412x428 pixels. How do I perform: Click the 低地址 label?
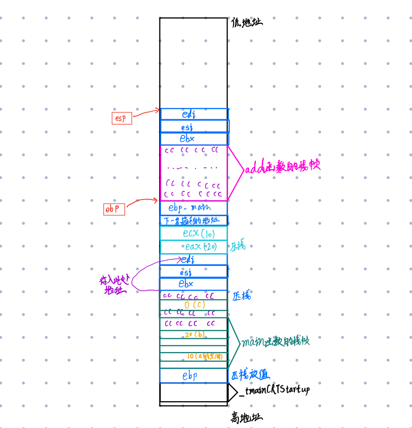point(247,22)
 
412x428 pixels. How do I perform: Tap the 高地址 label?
point(247,417)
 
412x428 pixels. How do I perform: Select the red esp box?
point(122,118)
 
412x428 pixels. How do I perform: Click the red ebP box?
point(114,209)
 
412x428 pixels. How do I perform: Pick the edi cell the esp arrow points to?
point(194,114)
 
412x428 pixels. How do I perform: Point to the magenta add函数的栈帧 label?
point(282,168)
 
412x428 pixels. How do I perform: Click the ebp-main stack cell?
point(193,207)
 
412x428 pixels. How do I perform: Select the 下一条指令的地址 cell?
point(193,220)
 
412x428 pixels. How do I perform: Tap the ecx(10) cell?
point(198,233)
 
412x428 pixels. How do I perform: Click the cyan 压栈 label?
point(238,246)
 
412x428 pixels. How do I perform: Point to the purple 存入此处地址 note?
point(114,285)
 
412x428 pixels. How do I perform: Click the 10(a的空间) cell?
point(205,356)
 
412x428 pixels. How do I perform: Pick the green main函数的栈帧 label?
point(275,341)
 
